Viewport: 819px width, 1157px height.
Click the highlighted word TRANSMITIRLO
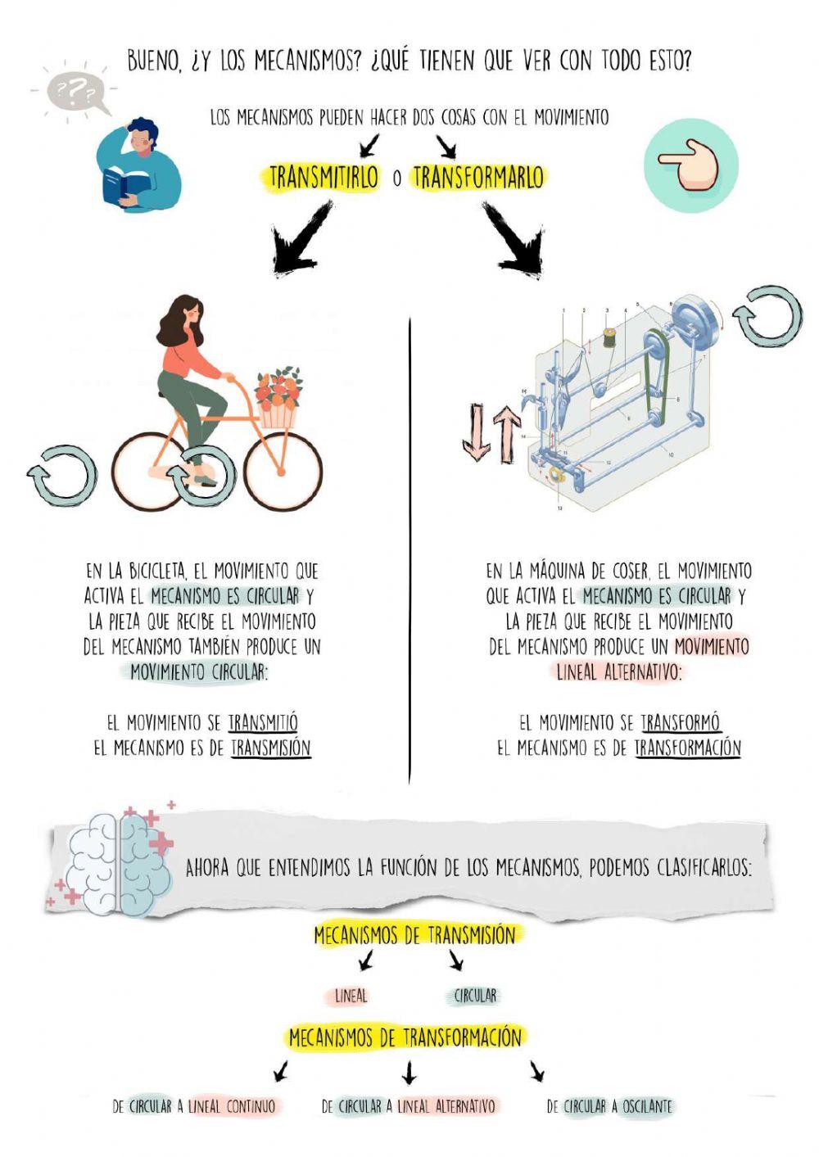click(324, 177)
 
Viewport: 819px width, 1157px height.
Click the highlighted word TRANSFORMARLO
click(477, 177)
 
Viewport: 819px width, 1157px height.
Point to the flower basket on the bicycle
click(278, 400)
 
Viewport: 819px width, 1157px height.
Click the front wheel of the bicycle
click(282, 472)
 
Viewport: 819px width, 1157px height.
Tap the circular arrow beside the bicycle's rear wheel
click(61, 475)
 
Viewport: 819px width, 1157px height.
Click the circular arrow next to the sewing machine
click(767, 317)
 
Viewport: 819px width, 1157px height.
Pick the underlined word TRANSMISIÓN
click(270, 748)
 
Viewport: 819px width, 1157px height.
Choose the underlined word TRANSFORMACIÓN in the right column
click(687, 748)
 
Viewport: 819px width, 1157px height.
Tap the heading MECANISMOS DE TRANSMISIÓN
click(414, 935)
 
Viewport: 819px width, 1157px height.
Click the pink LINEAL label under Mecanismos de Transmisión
click(351, 997)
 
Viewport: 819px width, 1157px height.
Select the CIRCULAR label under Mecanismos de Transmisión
click(475, 997)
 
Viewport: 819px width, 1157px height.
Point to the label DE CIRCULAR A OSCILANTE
click(609, 1107)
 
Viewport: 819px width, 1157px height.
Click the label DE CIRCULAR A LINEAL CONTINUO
click(194, 1107)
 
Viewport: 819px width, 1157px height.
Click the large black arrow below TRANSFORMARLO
click(514, 238)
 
